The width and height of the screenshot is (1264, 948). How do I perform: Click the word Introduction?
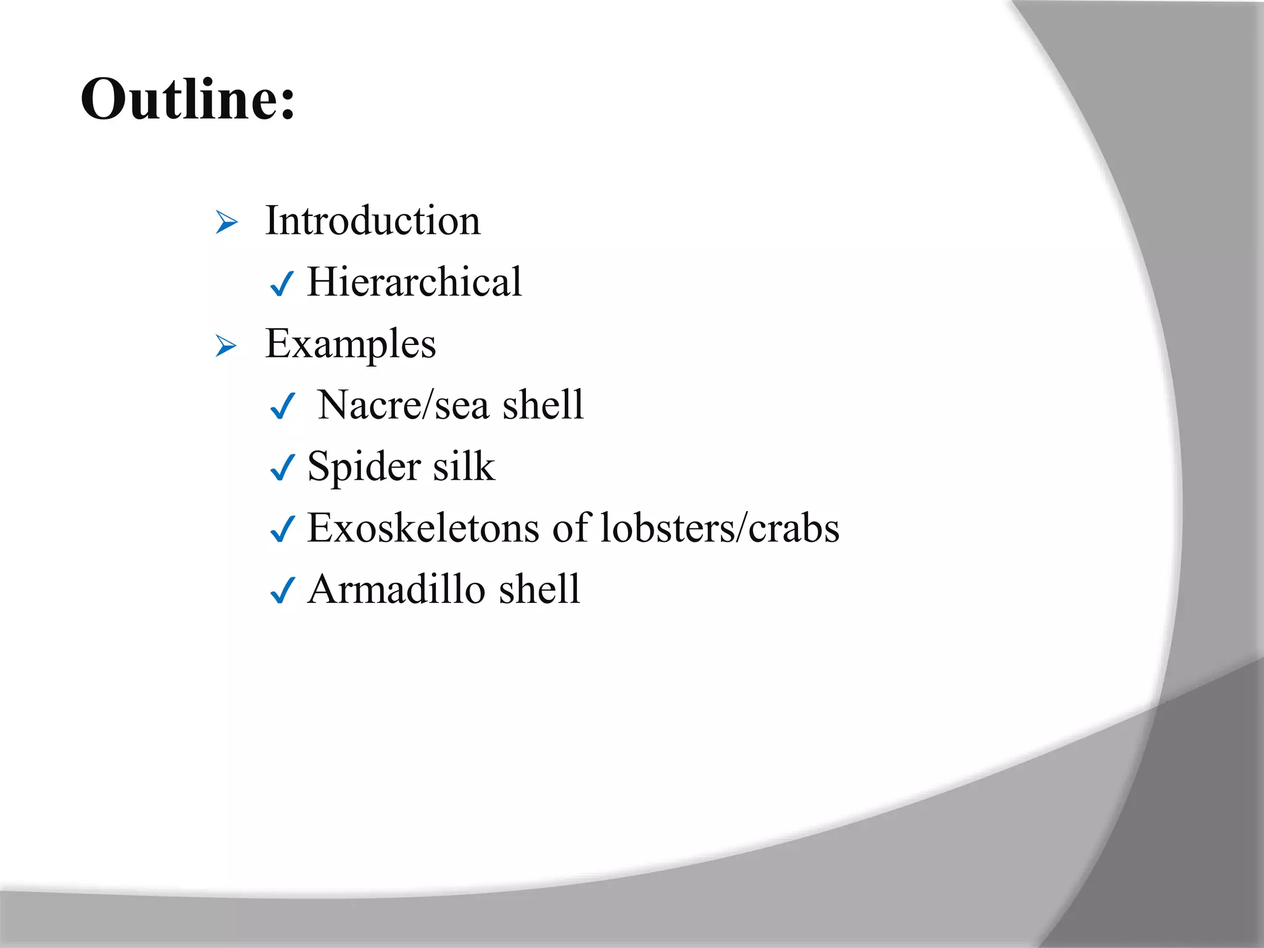(x=372, y=220)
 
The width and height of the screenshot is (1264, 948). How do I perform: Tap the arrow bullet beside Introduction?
(x=227, y=222)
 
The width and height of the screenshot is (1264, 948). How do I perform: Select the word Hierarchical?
(x=414, y=281)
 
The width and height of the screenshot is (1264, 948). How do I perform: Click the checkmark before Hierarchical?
(x=282, y=284)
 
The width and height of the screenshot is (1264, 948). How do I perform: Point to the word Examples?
(x=350, y=344)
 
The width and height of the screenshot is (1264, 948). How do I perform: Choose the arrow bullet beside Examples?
(x=227, y=346)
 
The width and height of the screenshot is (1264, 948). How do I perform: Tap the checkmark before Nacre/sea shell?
(x=283, y=407)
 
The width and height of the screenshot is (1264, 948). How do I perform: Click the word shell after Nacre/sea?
(x=543, y=405)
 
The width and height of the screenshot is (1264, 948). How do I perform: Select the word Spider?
(x=363, y=467)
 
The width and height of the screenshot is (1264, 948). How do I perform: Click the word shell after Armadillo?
(x=539, y=589)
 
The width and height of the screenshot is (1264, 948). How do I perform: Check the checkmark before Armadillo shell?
(x=283, y=591)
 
